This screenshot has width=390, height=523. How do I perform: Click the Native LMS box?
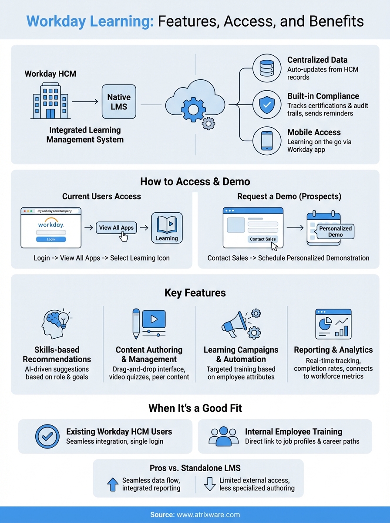click(x=119, y=102)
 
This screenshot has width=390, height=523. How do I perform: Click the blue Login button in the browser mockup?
click(x=51, y=239)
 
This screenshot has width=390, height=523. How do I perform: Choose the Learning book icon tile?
click(x=167, y=228)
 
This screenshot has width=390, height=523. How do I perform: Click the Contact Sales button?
click(x=263, y=239)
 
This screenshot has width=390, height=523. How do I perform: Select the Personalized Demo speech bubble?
click(x=335, y=231)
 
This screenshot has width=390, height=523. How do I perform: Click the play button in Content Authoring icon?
click(x=154, y=319)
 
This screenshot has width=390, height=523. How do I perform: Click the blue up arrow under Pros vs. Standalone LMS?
click(x=113, y=484)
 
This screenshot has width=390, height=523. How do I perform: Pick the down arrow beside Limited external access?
click(x=210, y=484)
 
